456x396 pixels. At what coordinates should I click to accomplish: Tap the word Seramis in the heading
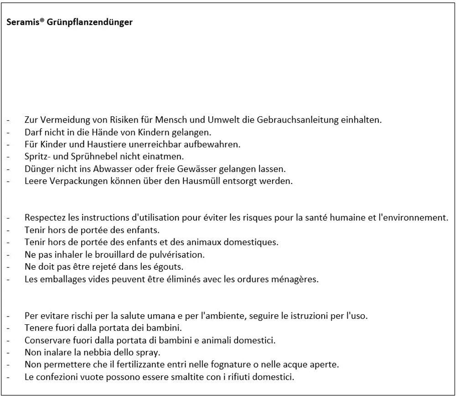click(x=23, y=22)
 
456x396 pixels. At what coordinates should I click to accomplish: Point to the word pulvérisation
click(x=175, y=254)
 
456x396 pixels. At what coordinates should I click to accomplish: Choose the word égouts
click(x=175, y=266)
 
